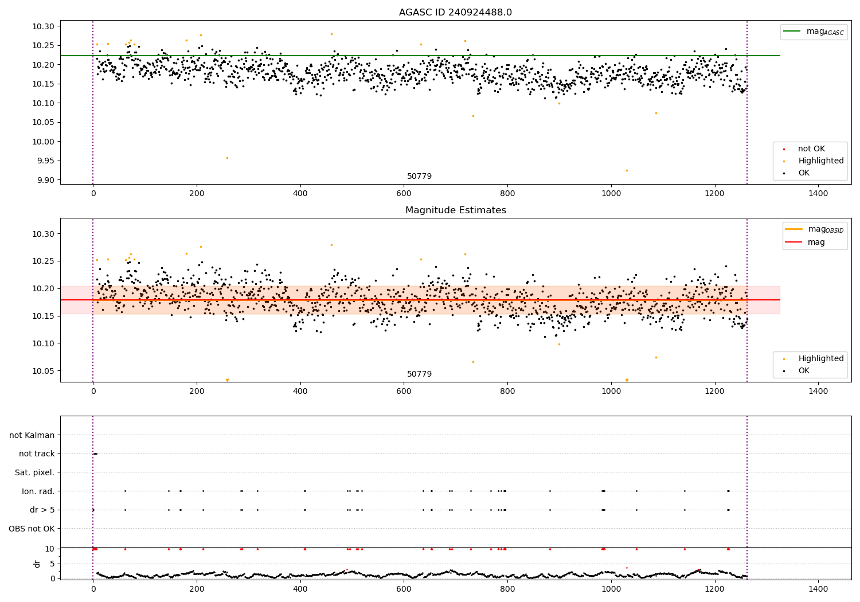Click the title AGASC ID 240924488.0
(x=455, y=13)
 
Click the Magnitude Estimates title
(x=455, y=210)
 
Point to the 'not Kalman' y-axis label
(x=32, y=435)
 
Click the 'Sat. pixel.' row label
(x=34, y=472)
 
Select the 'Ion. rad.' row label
(x=38, y=491)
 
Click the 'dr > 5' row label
(x=42, y=510)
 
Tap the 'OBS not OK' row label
(x=32, y=529)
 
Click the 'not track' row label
(x=37, y=454)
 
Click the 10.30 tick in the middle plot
(x=44, y=234)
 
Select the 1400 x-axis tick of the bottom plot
(x=818, y=588)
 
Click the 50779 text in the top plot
(x=419, y=177)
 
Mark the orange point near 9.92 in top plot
(x=627, y=170)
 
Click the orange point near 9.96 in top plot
(x=227, y=158)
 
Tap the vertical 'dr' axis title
(x=37, y=564)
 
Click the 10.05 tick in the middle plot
(x=44, y=371)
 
